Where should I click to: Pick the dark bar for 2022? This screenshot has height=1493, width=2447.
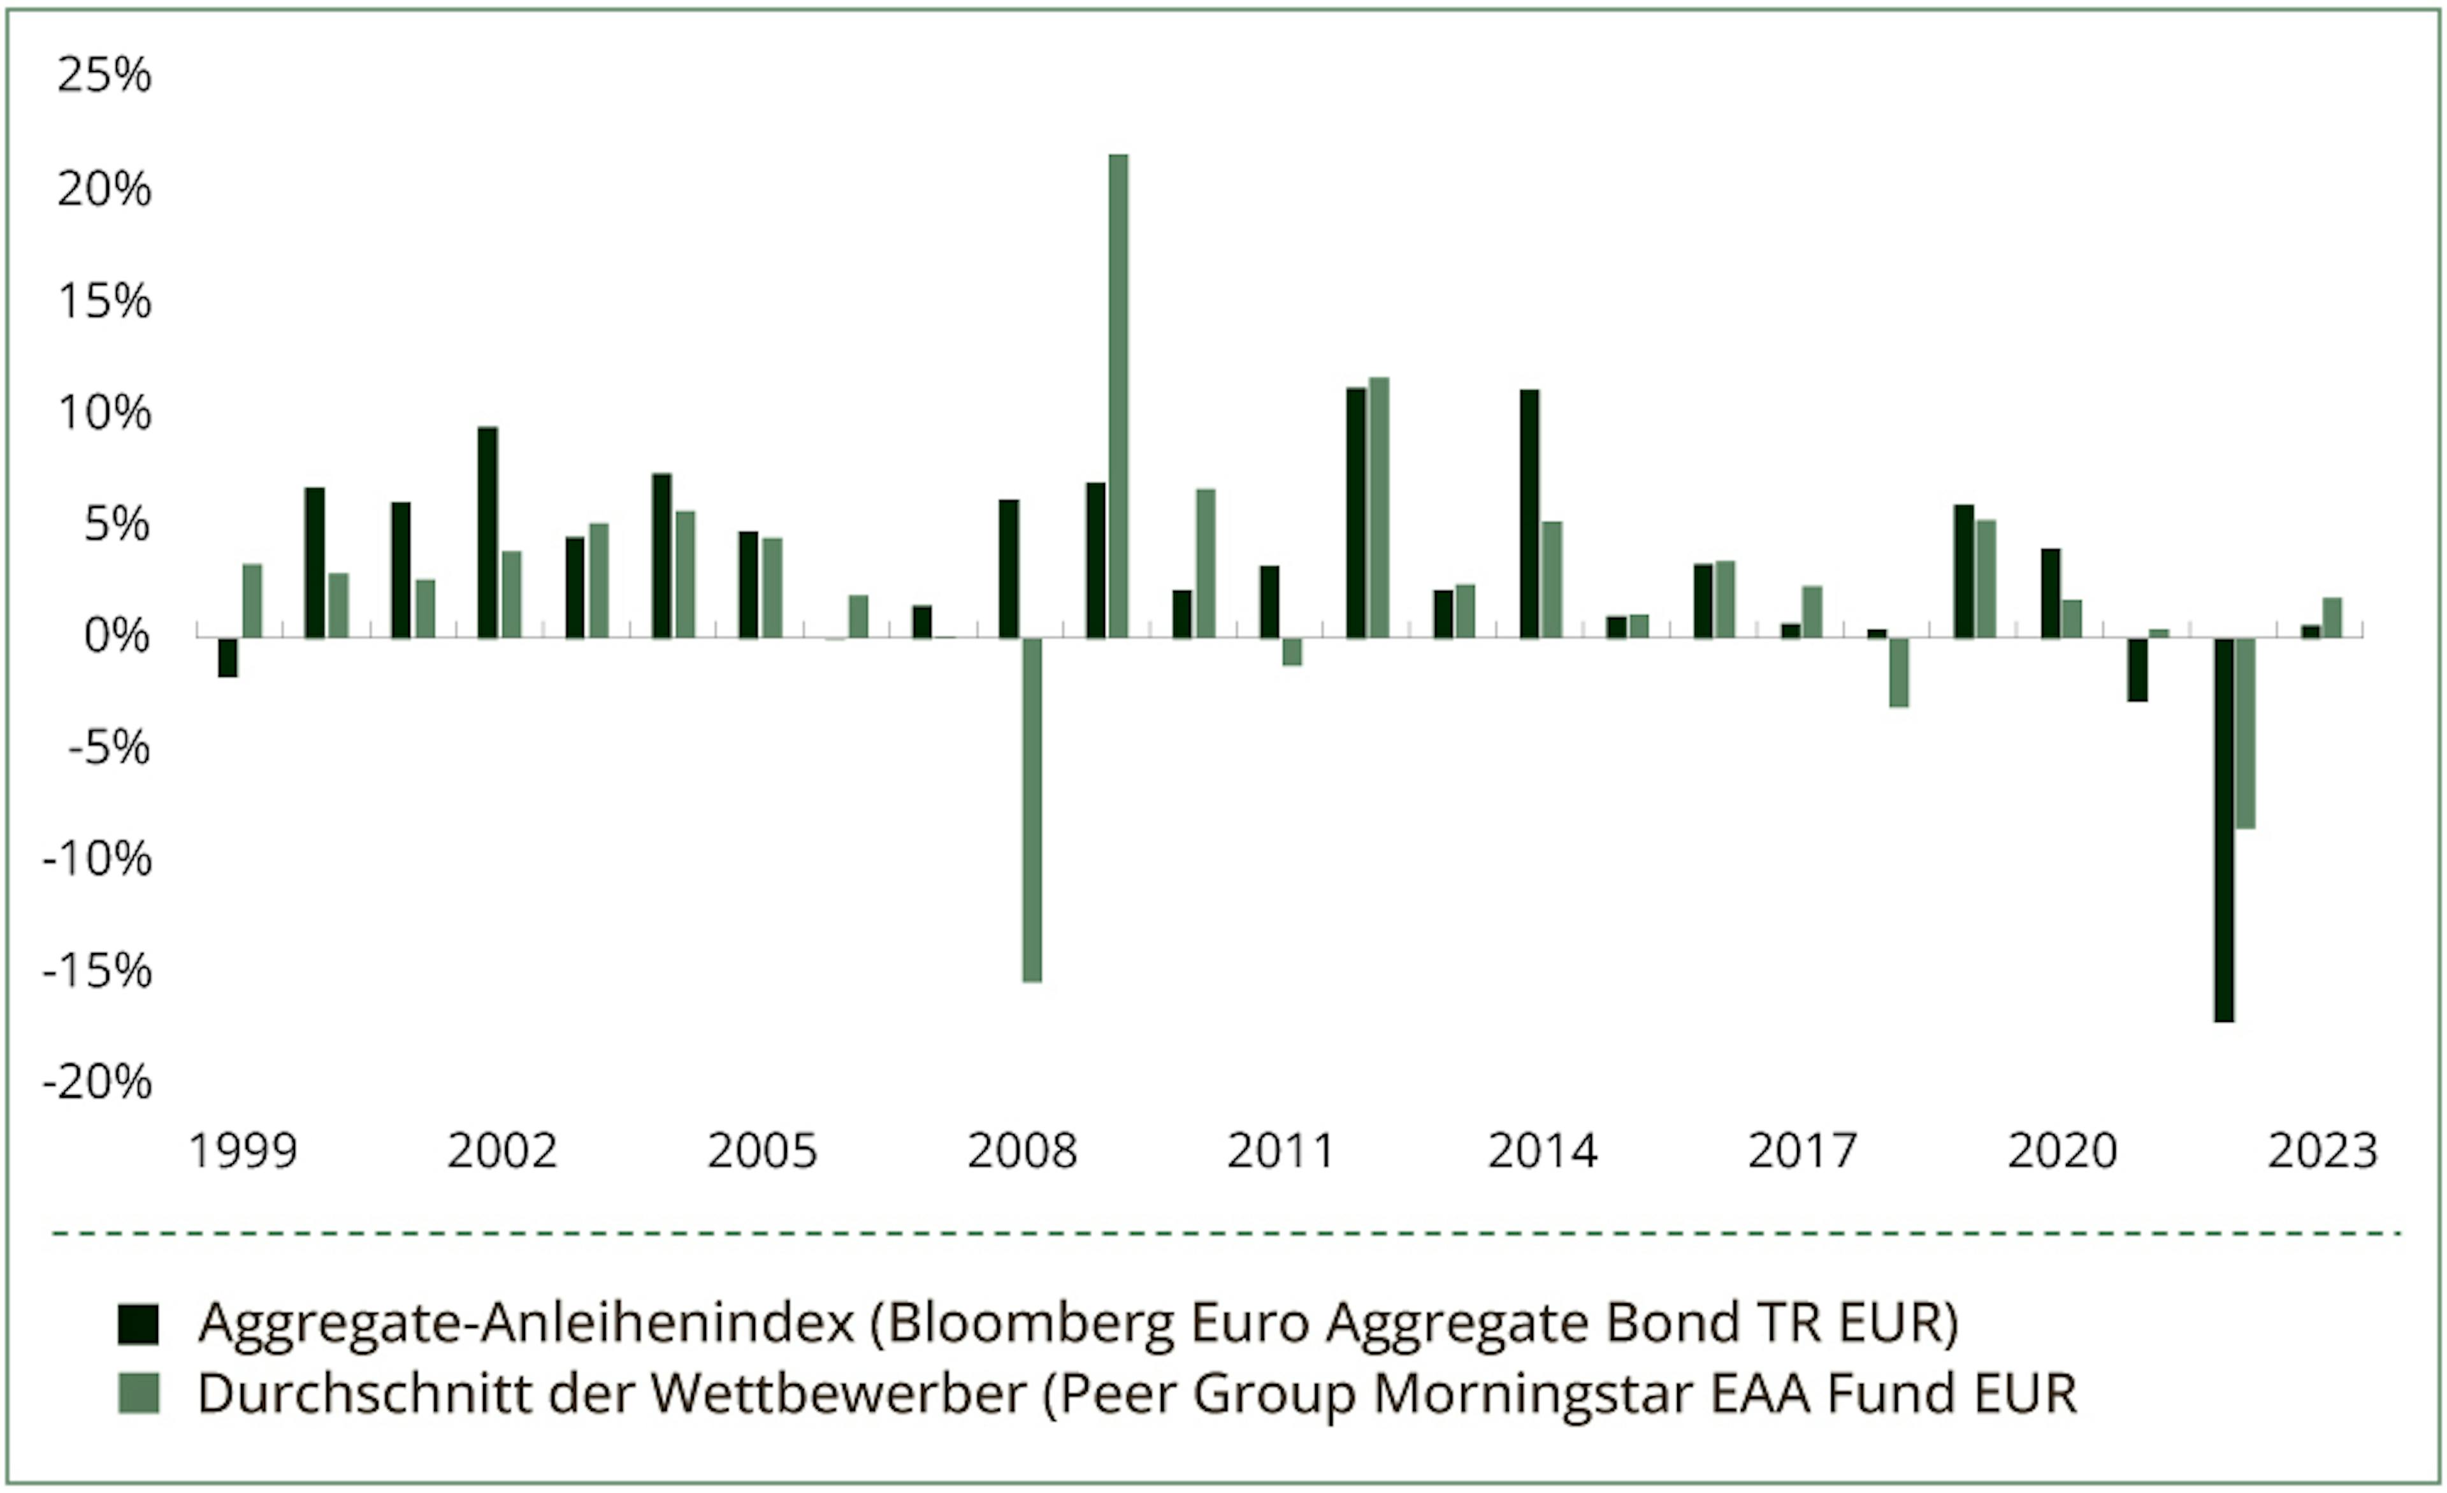coord(2223,829)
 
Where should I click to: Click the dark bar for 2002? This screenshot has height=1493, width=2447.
coord(487,532)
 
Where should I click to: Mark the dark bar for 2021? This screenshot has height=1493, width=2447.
coord(2137,669)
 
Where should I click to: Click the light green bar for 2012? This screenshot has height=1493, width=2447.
coord(1378,507)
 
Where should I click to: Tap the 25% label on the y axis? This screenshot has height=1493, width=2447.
coord(105,75)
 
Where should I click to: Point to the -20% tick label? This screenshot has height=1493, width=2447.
coord(97,1082)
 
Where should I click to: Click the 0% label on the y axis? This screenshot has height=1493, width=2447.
coord(117,636)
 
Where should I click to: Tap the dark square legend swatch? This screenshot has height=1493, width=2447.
coord(138,1324)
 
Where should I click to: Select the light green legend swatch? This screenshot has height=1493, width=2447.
coord(138,1394)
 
